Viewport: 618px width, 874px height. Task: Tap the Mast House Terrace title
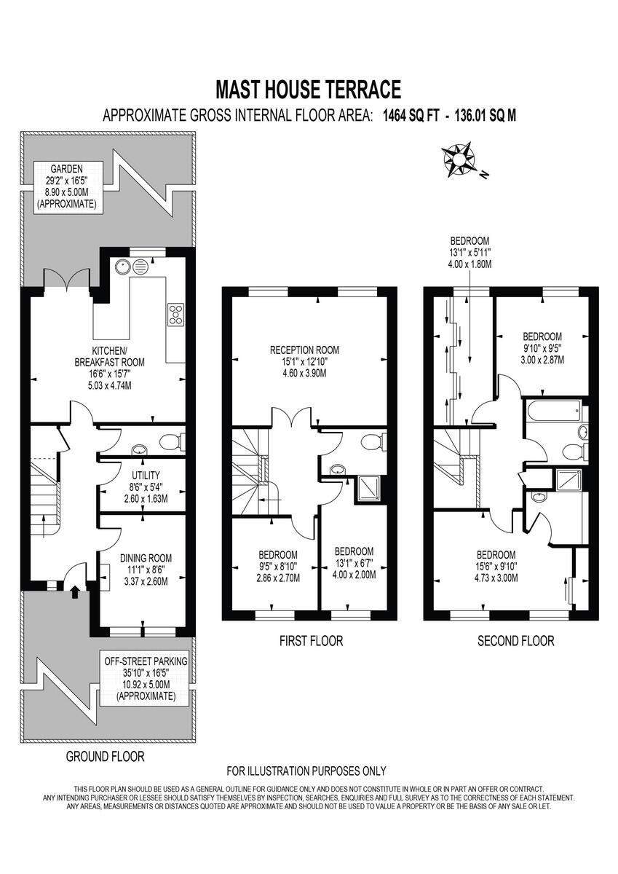[x=309, y=90]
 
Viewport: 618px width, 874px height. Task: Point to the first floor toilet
[x=373, y=441]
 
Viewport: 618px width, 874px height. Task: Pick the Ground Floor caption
[x=105, y=756]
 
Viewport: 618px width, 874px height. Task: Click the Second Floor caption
[x=515, y=641]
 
